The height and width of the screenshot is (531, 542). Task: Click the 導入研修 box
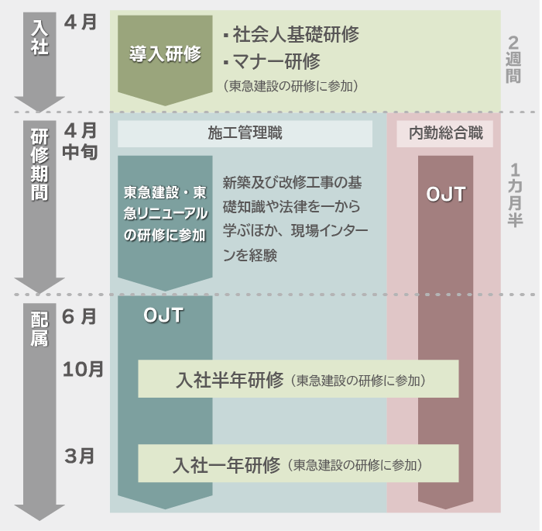[165, 54]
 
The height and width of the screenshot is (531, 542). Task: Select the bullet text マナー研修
[270, 60]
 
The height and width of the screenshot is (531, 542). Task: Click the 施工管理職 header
[245, 133]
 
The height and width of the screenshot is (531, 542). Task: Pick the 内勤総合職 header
[445, 133]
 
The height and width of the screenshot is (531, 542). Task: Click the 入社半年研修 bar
[298, 379]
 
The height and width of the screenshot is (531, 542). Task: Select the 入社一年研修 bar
[298, 464]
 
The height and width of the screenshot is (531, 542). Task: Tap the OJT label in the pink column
[446, 195]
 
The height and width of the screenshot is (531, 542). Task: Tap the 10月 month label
[83, 369]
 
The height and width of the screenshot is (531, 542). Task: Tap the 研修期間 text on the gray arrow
[39, 164]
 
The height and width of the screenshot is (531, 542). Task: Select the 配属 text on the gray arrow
[39, 329]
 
